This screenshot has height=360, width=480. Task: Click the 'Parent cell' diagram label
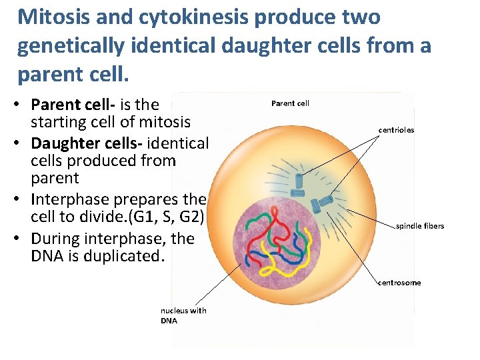[x=290, y=103]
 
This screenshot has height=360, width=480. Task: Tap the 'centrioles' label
[x=396, y=130]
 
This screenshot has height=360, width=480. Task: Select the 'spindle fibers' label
[x=420, y=226]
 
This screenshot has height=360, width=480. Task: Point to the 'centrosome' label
[x=399, y=283]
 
